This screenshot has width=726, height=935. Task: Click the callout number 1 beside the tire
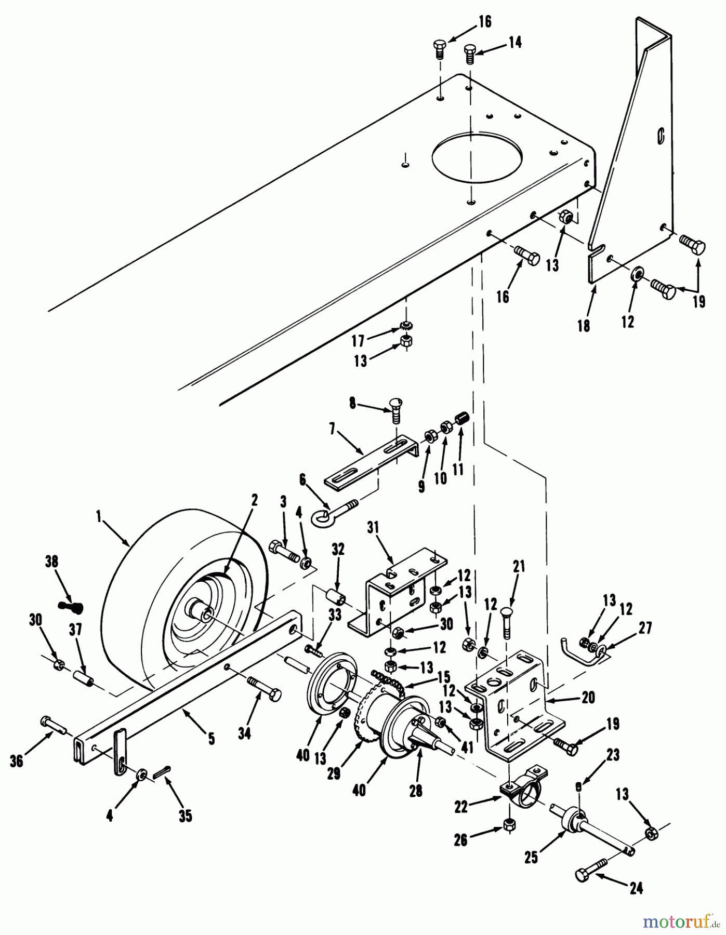tap(98, 517)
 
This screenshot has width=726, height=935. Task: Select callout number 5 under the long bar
tap(211, 739)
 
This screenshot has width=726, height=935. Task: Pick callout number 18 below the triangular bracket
tap(584, 326)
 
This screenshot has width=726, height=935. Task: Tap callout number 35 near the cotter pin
tap(185, 816)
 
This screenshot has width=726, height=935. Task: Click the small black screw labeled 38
tap(71, 606)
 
